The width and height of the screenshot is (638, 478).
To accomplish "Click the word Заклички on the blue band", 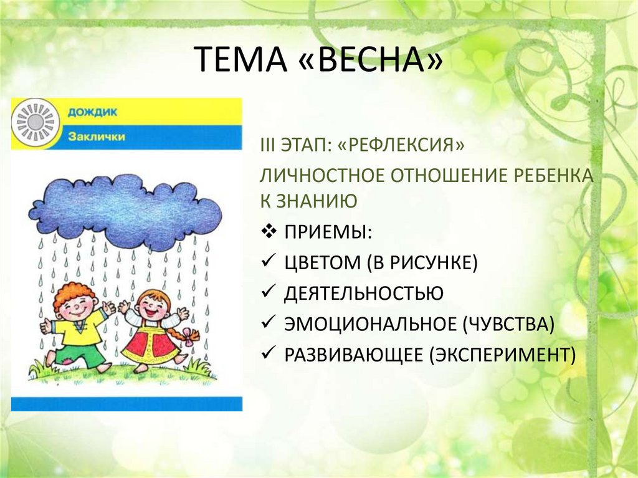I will [x=96, y=136].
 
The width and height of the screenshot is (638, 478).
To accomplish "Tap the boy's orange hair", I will [x=74, y=294].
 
